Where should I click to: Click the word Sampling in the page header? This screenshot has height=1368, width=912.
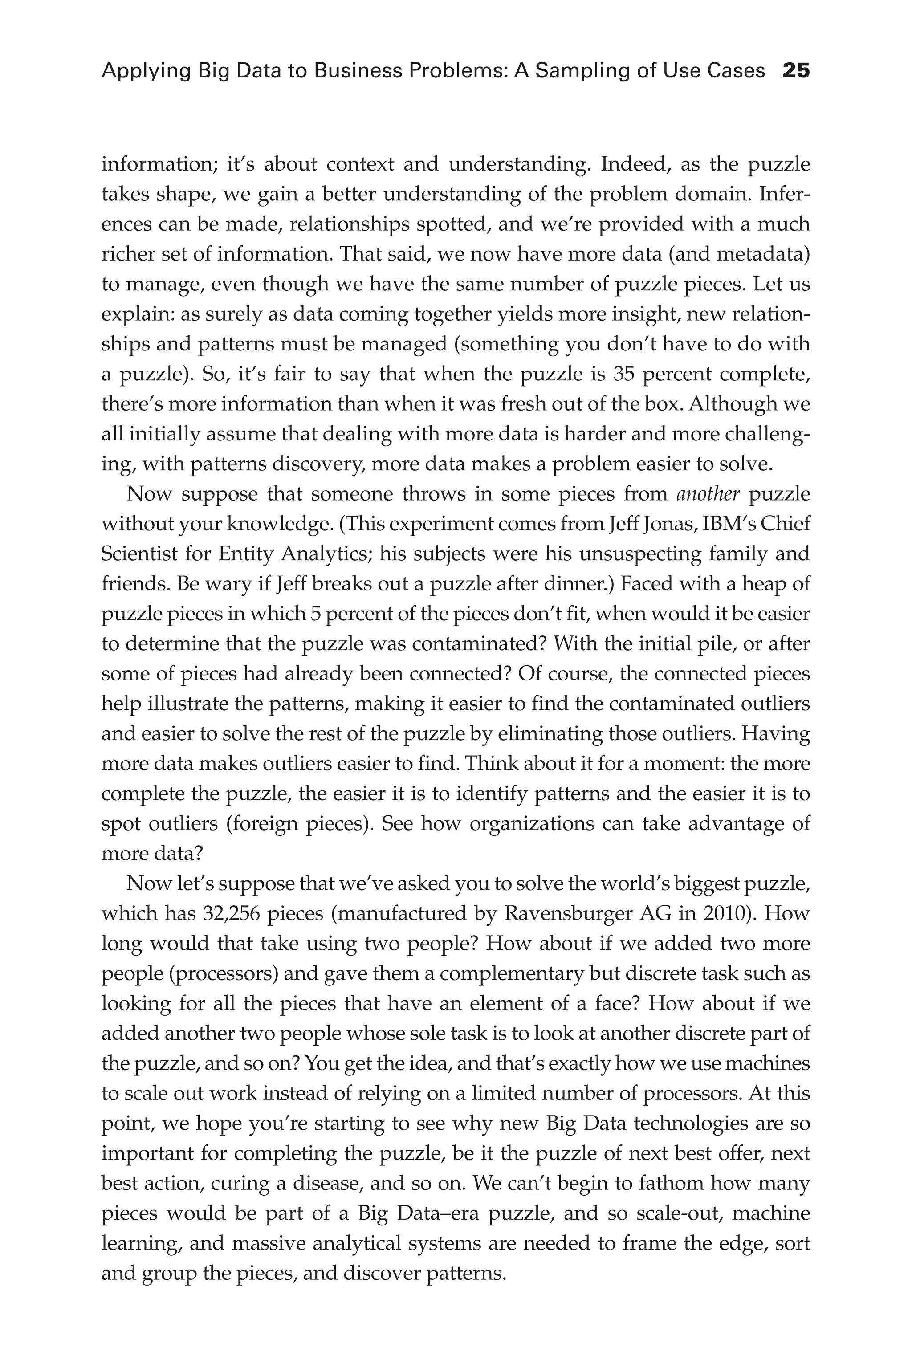click(x=583, y=71)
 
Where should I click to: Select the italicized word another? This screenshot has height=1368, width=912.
click(x=708, y=494)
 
